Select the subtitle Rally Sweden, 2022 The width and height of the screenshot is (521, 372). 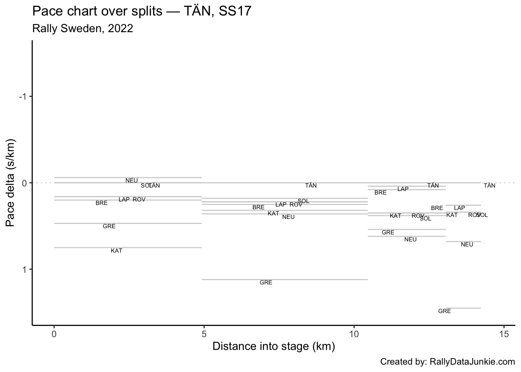[83, 28]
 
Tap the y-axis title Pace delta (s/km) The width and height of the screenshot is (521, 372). [11, 182]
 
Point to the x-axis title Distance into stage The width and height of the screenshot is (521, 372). [274, 346]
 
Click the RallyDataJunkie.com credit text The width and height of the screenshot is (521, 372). [447, 362]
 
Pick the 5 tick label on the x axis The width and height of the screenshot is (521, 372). [204, 334]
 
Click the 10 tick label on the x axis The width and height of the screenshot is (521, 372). [354, 334]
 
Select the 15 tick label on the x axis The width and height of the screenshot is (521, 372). [504, 334]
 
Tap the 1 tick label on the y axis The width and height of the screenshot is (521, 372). [24, 269]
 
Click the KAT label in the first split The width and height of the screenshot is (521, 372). [117, 251]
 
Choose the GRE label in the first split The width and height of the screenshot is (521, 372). [109, 226]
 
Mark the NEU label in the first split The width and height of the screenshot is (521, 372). [131, 181]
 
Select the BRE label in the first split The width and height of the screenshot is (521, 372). [102, 203]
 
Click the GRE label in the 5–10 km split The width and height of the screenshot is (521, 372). [266, 282]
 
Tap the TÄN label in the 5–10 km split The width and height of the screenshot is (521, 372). [311, 186]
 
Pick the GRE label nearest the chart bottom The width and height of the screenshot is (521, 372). [445, 311]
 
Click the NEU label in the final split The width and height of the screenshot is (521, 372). [467, 245]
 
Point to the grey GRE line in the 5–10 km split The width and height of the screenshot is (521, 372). [285, 279]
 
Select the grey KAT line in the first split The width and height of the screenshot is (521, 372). [128, 247]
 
